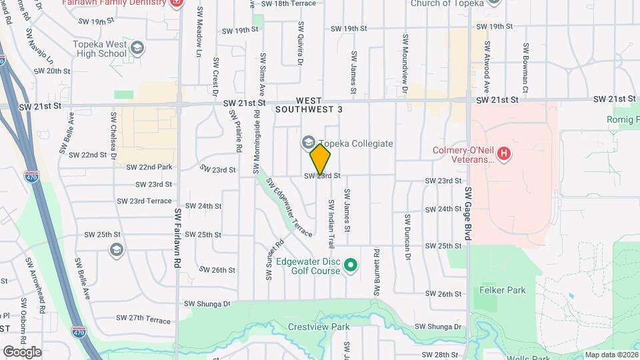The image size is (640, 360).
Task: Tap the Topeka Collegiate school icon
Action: [308, 143]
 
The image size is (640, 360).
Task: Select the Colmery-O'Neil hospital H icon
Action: [505, 155]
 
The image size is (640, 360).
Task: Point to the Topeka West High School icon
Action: [137, 48]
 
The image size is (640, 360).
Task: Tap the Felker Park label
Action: [502, 290]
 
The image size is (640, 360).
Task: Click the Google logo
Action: [22, 351]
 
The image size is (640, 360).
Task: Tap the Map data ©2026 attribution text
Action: [611, 355]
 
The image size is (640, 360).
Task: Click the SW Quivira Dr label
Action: [301, 43]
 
